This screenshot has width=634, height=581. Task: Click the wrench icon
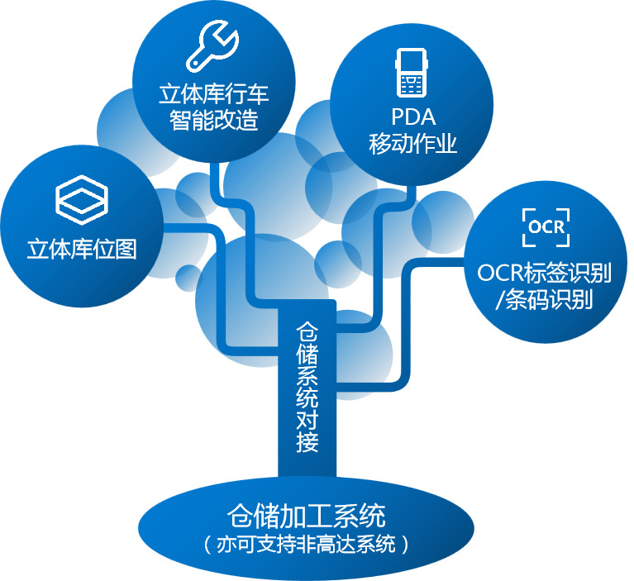pyautogui.click(x=213, y=45)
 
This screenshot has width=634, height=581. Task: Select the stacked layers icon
pyautogui.click(x=82, y=199)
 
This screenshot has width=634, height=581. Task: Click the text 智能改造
pyautogui.click(x=214, y=121)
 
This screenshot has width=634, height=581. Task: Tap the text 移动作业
pyautogui.click(x=412, y=145)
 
